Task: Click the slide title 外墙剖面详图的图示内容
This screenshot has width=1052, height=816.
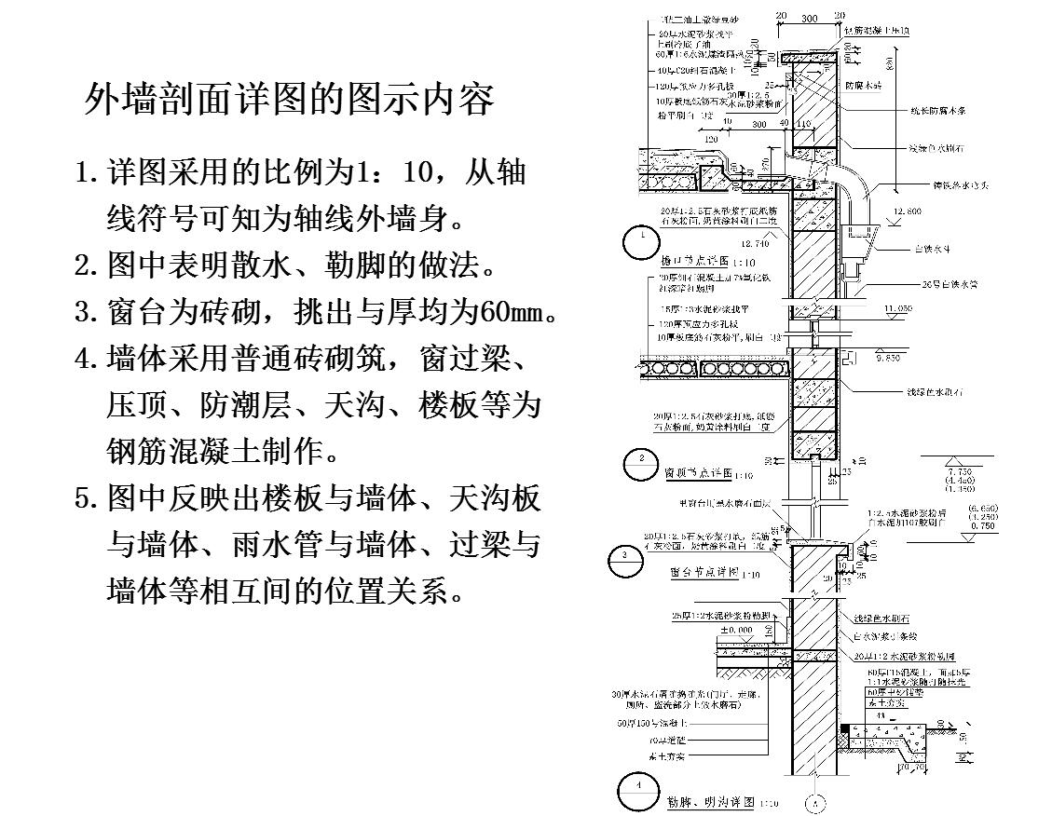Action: pyautogui.click(x=289, y=99)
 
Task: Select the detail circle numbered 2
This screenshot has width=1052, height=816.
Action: pyautogui.click(x=641, y=462)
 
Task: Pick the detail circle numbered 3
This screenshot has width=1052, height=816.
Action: pyautogui.click(x=624, y=559)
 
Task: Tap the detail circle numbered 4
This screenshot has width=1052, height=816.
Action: pyautogui.click(x=637, y=791)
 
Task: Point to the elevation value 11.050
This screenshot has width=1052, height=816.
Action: pyautogui.click(x=898, y=307)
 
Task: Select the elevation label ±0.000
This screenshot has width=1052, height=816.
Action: pyautogui.click(x=735, y=631)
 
